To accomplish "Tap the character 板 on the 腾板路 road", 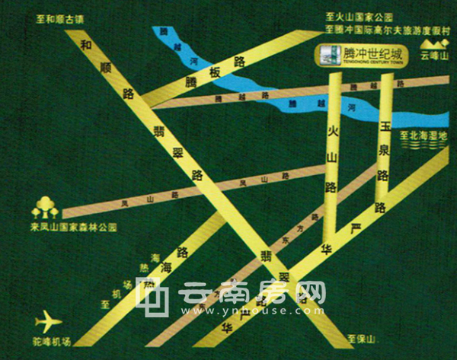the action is [216, 69].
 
